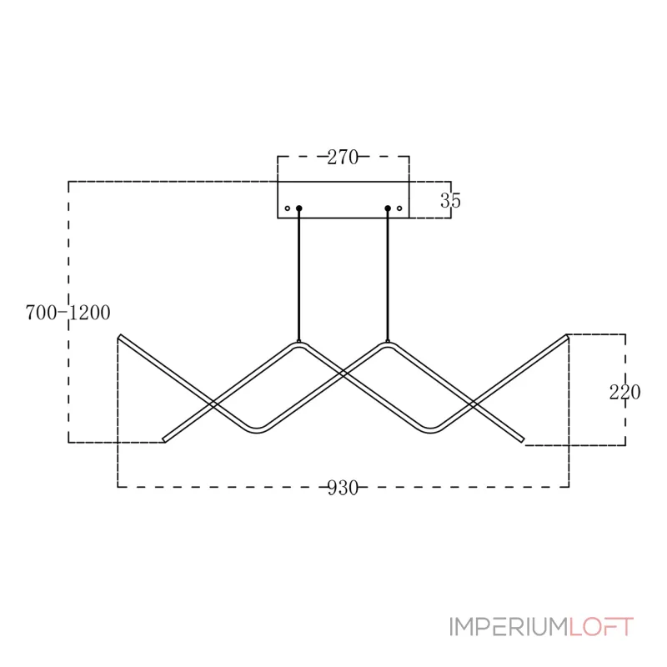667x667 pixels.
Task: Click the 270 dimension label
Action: pyautogui.click(x=343, y=158)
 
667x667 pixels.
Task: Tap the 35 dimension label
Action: pyautogui.click(x=450, y=200)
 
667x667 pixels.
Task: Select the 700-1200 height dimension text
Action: pyautogui.click(x=68, y=313)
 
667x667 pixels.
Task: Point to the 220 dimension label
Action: pyautogui.click(x=624, y=392)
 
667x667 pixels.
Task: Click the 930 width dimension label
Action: pyautogui.click(x=343, y=488)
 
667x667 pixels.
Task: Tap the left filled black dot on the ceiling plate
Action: pyautogui.click(x=299, y=208)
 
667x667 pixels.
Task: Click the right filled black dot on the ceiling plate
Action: pyautogui.click(x=388, y=208)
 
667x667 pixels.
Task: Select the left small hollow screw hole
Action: pyautogui.click(x=288, y=208)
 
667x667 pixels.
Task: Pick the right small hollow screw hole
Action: pyautogui.click(x=399, y=208)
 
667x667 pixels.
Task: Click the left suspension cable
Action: pyautogui.click(x=299, y=275)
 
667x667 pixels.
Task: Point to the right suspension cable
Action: pyautogui.click(x=388, y=275)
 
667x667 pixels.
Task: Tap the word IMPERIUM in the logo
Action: pyautogui.click(x=509, y=627)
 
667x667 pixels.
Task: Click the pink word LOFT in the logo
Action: pyautogui.click(x=601, y=627)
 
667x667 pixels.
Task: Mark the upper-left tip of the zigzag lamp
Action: pyautogui.click(x=119, y=337)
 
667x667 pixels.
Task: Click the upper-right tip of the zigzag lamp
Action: pyautogui.click(x=567, y=337)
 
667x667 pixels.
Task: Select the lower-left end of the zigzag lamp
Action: pyautogui.click(x=164, y=439)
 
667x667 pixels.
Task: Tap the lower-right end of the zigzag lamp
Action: pyautogui.click(x=522, y=440)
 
